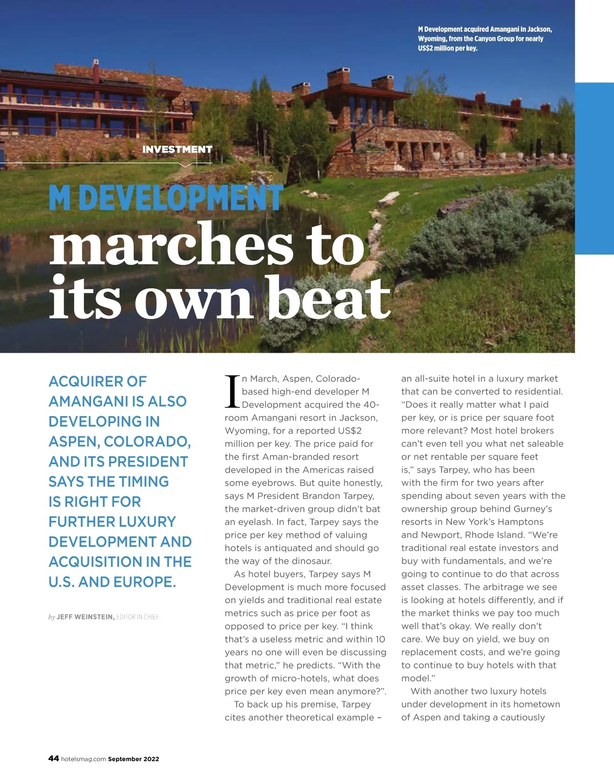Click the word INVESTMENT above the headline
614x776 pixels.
[177, 149]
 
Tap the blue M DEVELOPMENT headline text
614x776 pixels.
[166, 198]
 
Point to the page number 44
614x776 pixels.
[53, 759]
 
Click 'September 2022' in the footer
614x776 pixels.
[134, 759]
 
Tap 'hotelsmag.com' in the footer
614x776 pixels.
[83, 759]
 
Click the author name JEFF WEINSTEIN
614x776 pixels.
[85, 617]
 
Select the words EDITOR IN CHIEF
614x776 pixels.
[138, 617]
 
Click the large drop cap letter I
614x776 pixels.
[232, 392]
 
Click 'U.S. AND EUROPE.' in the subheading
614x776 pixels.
[112, 582]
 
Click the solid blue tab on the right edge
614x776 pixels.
[595, 168]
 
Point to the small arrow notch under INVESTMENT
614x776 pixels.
[186, 165]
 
